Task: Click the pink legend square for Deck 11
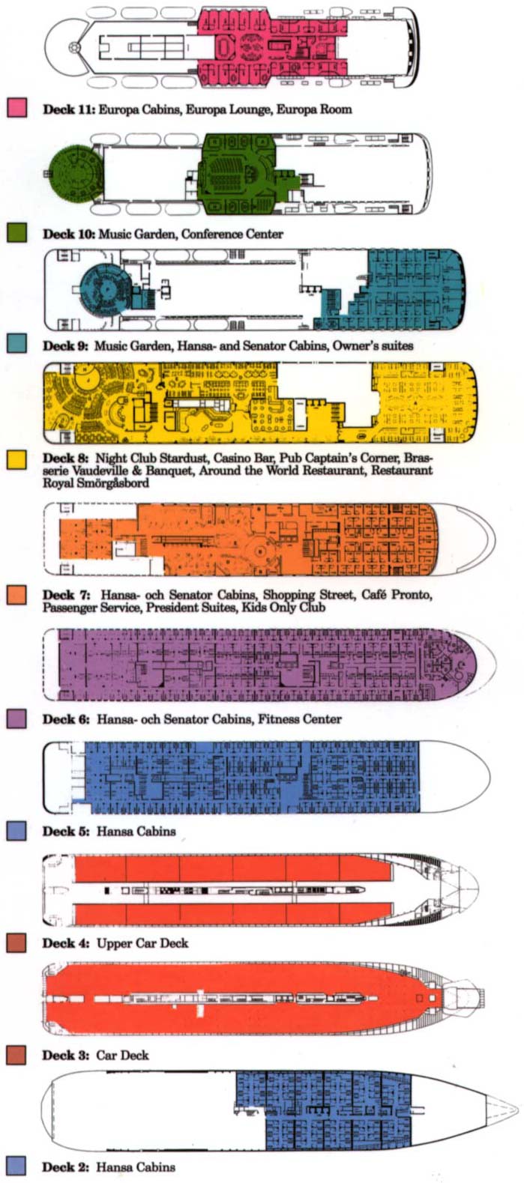click(17, 108)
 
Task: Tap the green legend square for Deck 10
click(17, 232)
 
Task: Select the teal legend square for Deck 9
click(17, 344)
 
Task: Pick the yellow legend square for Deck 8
click(17, 460)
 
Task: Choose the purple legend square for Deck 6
click(17, 718)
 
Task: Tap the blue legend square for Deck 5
click(17, 831)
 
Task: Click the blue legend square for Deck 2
click(17, 1167)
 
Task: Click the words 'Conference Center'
click(232, 234)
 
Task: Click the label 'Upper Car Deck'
click(142, 943)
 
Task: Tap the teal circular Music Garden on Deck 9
click(106, 288)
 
